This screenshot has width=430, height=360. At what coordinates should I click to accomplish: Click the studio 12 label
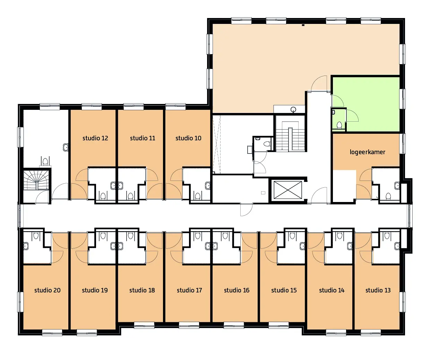95,138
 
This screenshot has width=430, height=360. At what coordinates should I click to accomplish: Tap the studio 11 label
143,138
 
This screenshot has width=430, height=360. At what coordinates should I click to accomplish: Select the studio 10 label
188,138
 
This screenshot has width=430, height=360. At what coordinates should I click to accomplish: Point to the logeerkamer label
367,152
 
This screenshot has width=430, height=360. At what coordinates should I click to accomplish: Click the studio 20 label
48,290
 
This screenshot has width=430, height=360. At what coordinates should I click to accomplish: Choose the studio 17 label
189,290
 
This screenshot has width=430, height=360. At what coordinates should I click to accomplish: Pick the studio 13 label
378,290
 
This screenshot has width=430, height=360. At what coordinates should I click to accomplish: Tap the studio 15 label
284,290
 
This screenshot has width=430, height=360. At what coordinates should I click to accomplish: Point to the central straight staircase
290,136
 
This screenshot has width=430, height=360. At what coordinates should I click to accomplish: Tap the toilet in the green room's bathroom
339,125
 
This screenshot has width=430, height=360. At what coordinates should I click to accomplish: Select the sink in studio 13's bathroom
397,246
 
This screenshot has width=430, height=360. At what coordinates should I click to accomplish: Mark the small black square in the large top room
303,25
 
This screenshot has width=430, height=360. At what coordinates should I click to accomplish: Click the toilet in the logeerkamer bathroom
388,196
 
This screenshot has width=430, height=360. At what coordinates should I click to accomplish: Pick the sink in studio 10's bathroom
208,185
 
